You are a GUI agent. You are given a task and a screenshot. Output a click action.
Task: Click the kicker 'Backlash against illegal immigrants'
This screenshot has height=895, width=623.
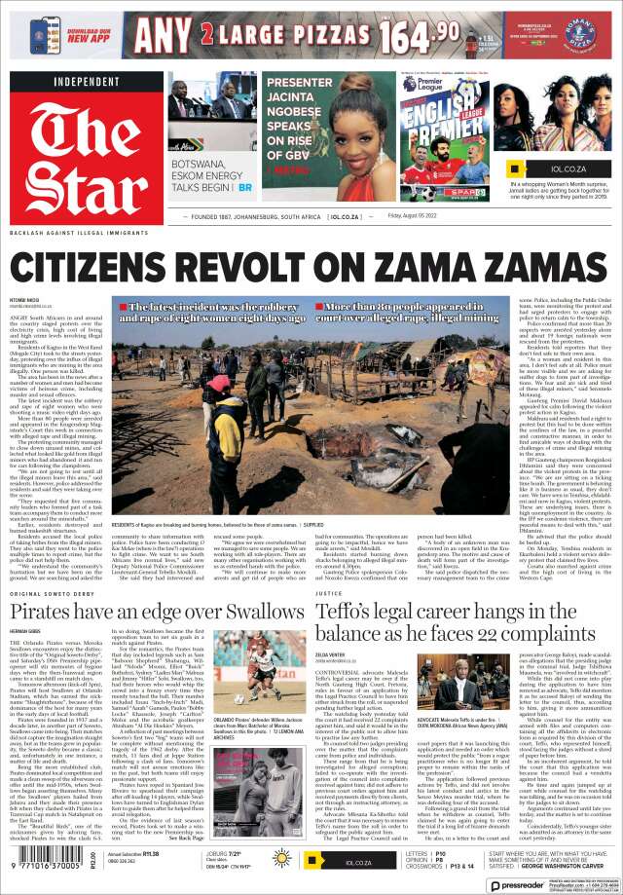click(72, 235)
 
